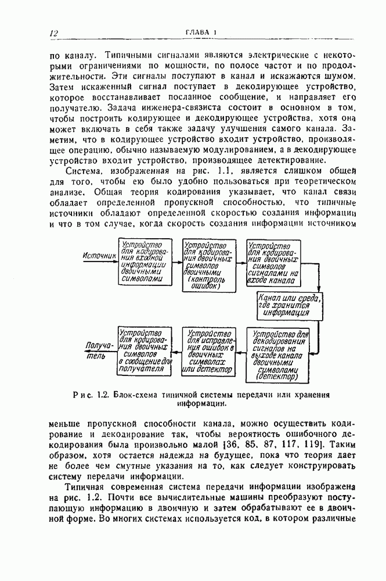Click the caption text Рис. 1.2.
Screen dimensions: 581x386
pos(95,394)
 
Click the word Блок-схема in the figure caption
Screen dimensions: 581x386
pos(135,394)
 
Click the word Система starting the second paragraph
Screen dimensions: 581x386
pos(84,171)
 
